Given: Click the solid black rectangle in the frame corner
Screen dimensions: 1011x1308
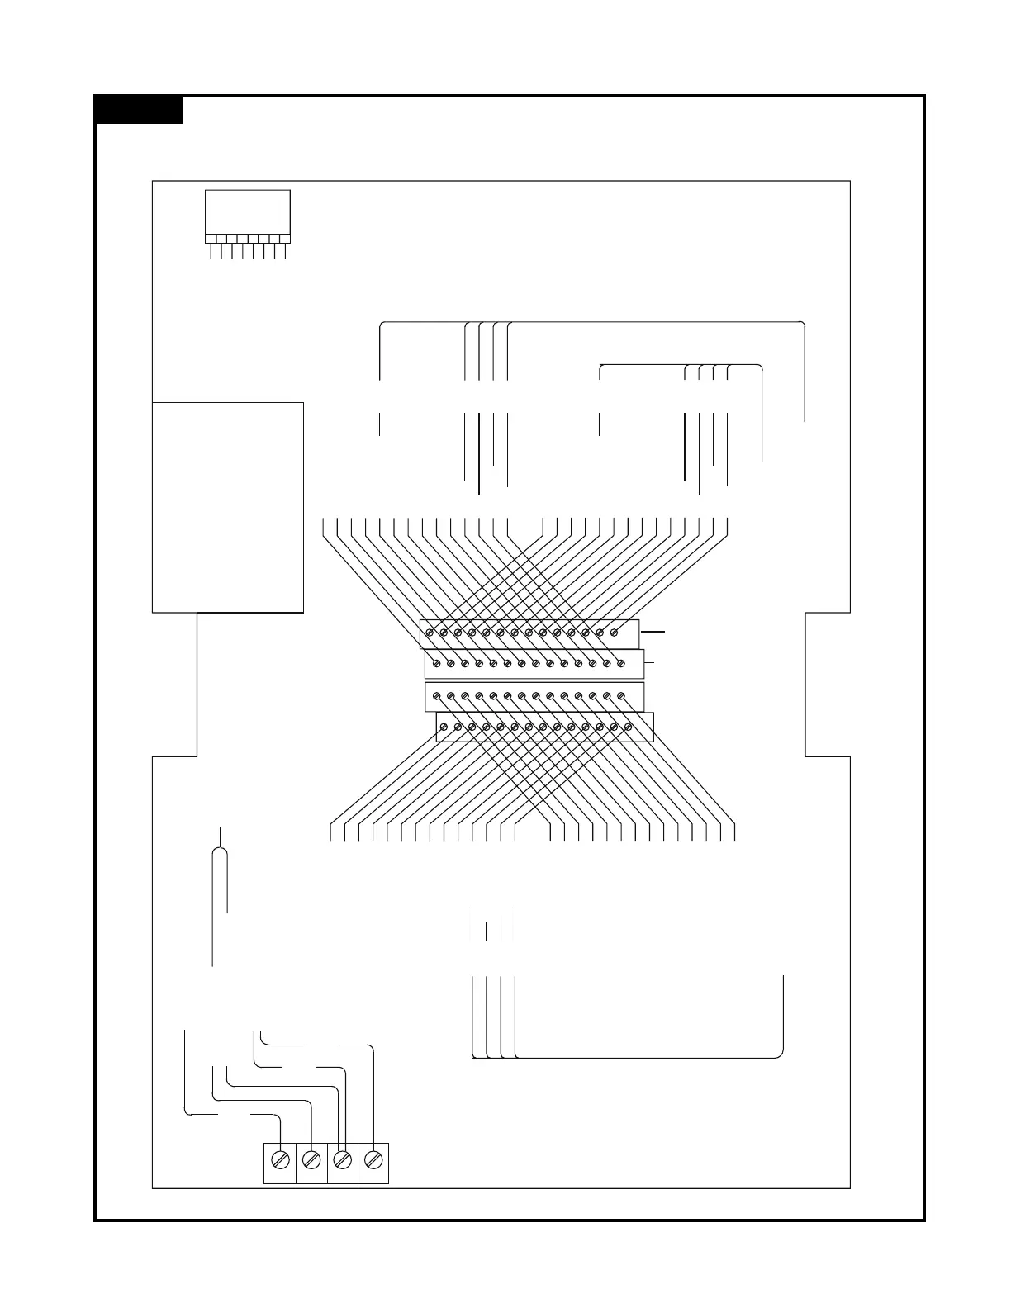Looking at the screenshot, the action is (139, 110).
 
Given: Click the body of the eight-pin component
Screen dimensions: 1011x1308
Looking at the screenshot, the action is (247, 212).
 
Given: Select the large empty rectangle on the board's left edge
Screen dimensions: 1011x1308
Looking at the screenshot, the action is (228, 507).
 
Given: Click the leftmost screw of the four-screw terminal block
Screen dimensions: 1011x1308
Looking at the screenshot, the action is (280, 1160).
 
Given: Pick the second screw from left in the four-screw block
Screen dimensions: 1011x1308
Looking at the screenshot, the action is (311, 1160).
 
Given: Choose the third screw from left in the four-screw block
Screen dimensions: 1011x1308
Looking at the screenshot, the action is (342, 1160).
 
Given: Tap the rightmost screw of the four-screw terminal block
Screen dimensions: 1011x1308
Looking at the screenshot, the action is (373, 1160).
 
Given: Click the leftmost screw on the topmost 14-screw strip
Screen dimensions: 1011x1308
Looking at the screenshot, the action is (430, 633).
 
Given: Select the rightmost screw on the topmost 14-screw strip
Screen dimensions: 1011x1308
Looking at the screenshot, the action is (614, 633).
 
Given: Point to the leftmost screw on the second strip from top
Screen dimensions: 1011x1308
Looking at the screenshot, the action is (437, 663).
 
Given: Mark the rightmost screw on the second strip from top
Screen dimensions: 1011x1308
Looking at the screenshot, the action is (621, 663).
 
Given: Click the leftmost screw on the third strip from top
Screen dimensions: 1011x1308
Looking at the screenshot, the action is (437, 696).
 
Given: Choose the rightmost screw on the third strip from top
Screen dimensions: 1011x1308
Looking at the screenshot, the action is (621, 696).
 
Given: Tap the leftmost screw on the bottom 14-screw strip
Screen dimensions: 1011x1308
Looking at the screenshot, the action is (444, 727).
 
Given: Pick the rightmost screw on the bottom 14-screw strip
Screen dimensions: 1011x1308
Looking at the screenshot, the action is (629, 727).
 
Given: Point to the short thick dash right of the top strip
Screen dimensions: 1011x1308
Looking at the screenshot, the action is (653, 632).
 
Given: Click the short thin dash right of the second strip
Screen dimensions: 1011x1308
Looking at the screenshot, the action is (649, 662).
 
